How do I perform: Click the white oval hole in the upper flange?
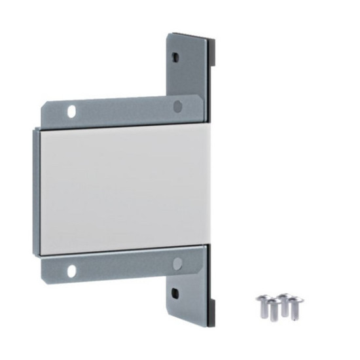pyautogui.click(x=71, y=110)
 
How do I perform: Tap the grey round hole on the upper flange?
pyautogui.click(x=177, y=106)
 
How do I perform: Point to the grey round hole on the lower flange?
pyautogui.click(x=177, y=263)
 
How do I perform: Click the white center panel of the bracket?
pyautogui.click(x=121, y=190)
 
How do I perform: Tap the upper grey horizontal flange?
pyautogui.click(x=124, y=113)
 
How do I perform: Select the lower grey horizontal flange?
pyautogui.click(x=124, y=263)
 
